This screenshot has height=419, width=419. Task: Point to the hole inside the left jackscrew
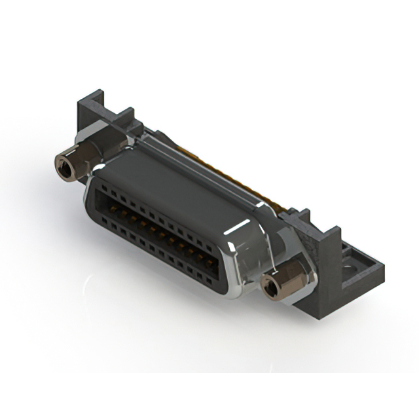click(65, 170)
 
